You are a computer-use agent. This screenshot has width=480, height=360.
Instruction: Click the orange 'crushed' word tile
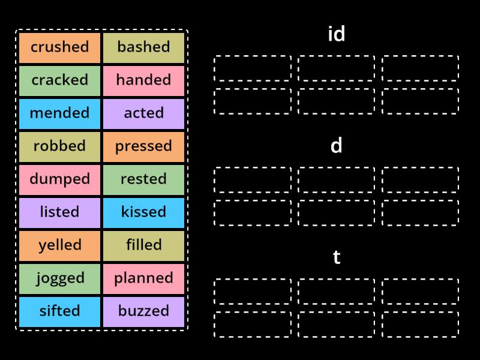59,47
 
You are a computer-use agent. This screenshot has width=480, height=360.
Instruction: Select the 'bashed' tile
143,47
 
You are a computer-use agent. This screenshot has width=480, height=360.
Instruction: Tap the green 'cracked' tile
59,80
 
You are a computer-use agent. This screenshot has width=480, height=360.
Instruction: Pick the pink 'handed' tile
143,80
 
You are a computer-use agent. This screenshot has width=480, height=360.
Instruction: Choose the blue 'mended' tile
59,113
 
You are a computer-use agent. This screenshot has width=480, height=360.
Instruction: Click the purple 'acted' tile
143,113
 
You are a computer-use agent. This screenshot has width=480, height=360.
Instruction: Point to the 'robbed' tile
59,146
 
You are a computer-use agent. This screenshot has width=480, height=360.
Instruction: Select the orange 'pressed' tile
143,146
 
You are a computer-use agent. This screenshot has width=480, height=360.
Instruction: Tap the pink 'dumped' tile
59,179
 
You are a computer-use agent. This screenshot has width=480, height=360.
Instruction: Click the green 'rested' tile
143,179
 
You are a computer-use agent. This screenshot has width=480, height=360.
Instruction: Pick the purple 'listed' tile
59,212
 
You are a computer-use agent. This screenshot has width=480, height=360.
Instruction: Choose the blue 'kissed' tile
143,212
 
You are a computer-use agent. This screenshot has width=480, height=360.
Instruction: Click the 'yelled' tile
59,245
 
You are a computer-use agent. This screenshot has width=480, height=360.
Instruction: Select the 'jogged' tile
59,278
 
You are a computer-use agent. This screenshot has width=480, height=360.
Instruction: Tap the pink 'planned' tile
143,278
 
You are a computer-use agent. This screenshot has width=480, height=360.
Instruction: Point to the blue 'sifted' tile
59,311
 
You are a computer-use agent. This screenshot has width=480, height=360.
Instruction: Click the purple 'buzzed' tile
143,311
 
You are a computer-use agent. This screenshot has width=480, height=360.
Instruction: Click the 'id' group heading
336,34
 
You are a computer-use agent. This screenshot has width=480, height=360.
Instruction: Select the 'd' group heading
336,145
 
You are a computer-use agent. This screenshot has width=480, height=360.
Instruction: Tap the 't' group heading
336,257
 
